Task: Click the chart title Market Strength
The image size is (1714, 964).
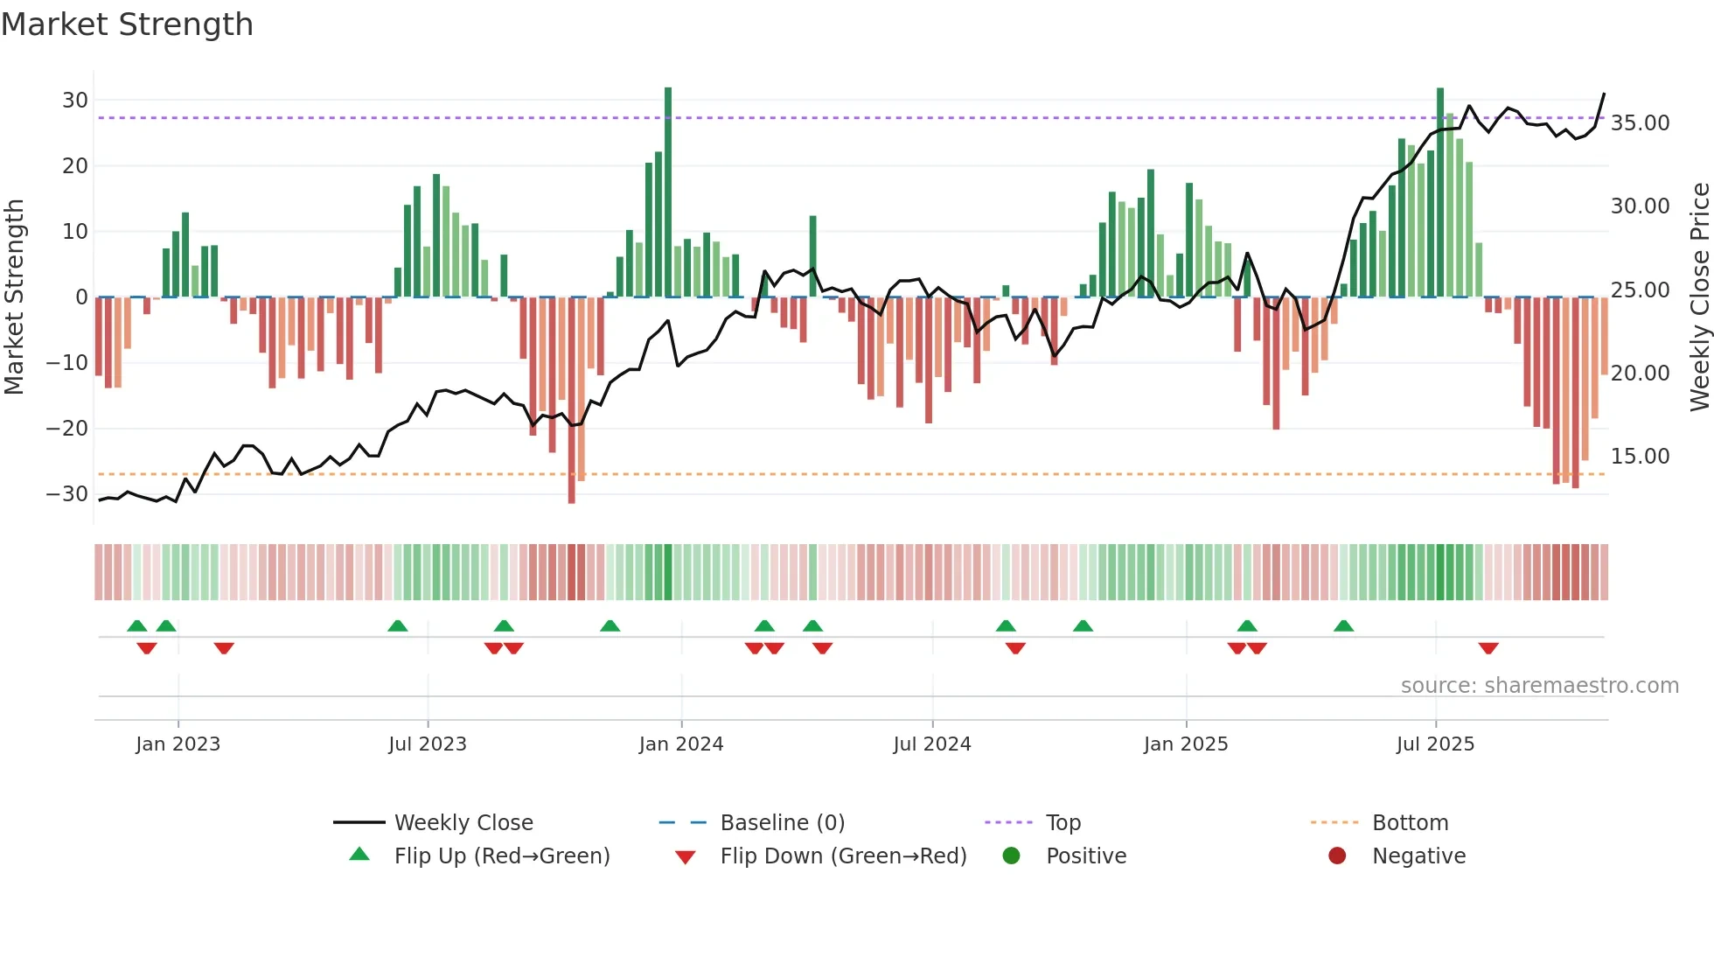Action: pos(127,24)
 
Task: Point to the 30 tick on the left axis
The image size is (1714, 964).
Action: pos(75,101)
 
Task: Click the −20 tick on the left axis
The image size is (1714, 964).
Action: pos(67,429)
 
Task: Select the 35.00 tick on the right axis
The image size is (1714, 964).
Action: pos(1640,123)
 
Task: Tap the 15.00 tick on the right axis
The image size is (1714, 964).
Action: pos(1640,457)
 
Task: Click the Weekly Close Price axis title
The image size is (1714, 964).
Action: pos(1699,297)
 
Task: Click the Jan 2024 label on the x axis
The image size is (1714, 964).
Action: pos(681,744)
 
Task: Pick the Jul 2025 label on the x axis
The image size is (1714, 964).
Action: pos(1435,744)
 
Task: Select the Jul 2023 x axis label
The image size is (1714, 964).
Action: pos(428,744)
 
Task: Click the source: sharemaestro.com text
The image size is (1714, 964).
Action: pos(1539,686)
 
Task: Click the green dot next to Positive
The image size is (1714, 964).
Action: pos(1011,856)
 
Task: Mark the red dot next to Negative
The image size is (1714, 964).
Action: pos(1337,856)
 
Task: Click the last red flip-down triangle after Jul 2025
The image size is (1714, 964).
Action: pos(1488,648)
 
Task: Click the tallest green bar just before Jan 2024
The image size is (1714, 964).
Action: pos(668,192)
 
